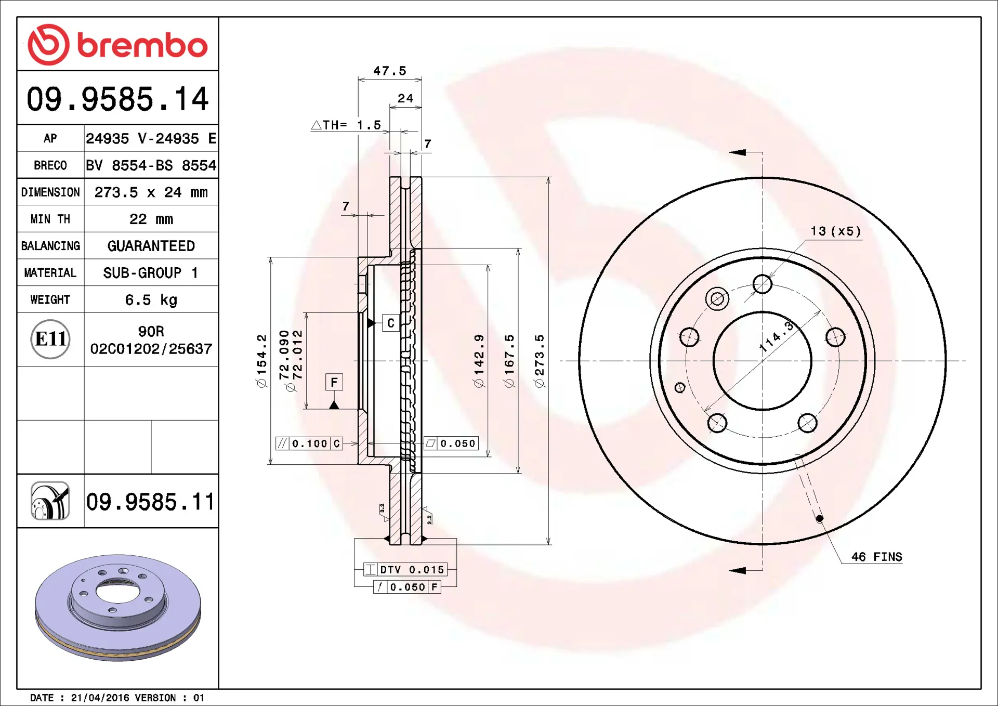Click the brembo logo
pyautogui.click(x=117, y=45)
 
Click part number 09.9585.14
pyautogui.click(x=117, y=99)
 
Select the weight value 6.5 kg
pyautogui.click(x=151, y=300)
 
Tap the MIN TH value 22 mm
pyautogui.click(x=151, y=219)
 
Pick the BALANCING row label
pyautogui.click(x=50, y=246)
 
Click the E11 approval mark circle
pyautogui.click(x=50, y=339)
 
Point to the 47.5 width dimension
pyautogui.click(x=390, y=71)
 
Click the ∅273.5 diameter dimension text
pyautogui.click(x=540, y=361)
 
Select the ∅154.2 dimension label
pyautogui.click(x=261, y=361)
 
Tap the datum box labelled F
pyautogui.click(x=334, y=382)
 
